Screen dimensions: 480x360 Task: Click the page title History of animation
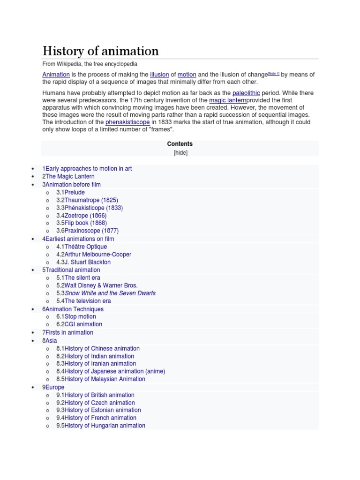[101, 51]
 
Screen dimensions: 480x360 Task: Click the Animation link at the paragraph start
[56, 75]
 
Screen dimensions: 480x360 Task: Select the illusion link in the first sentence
[159, 75]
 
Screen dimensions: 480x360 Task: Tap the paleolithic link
[246, 93]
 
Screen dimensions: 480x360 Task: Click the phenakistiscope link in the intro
[127, 122]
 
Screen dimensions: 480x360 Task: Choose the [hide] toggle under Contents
[180, 153]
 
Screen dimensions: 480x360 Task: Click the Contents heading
[180, 144]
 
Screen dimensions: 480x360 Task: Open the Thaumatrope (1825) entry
[91, 200]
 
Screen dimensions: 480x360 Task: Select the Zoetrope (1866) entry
[85, 216]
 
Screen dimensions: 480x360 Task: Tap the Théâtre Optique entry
[85, 247]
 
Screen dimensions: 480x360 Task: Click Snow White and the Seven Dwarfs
[110, 293]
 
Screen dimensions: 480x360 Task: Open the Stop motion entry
[80, 316]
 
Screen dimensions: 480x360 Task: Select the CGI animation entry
[83, 324]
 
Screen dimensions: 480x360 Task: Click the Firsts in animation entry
[69, 332]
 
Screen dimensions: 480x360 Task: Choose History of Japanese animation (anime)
[114, 371]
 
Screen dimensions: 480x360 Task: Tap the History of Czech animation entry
[99, 403]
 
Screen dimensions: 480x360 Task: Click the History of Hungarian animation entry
[105, 426]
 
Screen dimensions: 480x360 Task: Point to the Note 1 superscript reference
[273, 73]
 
